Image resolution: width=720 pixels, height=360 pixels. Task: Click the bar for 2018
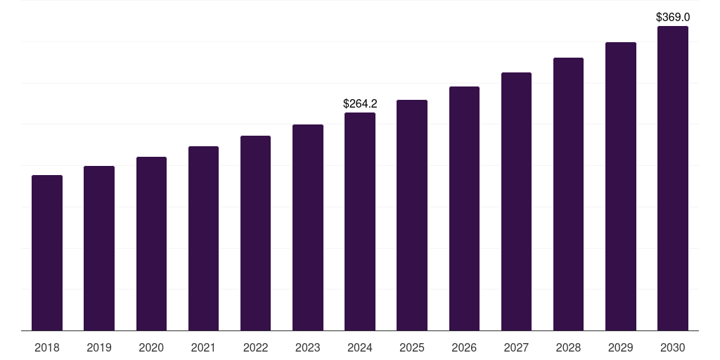point(47,253)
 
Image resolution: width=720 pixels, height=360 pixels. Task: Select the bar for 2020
point(151,244)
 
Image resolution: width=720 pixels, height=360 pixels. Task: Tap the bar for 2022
point(255,233)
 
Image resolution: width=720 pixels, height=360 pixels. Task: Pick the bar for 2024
point(360,221)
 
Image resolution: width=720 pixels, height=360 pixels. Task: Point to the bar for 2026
point(464,209)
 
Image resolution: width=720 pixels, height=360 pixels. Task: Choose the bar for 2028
point(568,194)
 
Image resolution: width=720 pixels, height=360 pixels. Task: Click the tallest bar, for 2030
point(673,179)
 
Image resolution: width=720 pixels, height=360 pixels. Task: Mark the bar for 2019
point(99,248)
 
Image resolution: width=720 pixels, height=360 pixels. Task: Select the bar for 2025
point(412,215)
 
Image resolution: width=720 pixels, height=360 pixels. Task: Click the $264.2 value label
point(360,104)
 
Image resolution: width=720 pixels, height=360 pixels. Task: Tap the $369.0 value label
point(673,17)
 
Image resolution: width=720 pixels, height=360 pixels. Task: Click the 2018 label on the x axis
point(47,347)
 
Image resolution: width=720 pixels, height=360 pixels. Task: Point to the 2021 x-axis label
point(203,347)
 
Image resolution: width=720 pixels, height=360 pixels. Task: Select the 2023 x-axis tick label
point(308,347)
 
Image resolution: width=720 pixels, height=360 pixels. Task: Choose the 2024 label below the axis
point(360,347)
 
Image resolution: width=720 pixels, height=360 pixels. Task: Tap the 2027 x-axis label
point(516,347)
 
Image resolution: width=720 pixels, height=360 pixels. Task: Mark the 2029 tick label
point(620,347)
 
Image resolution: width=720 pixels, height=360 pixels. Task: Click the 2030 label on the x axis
point(673,347)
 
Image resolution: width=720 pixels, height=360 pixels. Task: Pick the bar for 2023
point(308,228)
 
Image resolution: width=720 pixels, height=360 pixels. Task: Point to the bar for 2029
point(620,186)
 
